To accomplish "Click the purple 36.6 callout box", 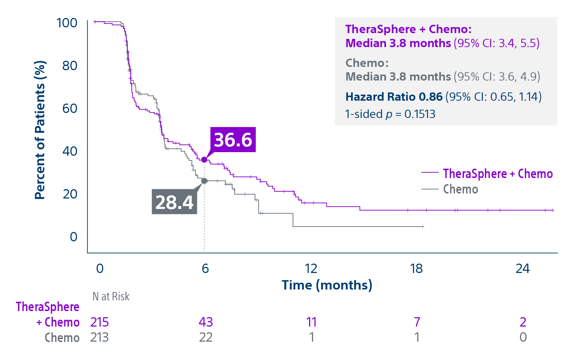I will pos(233,140).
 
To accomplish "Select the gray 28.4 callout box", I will pos(174,202).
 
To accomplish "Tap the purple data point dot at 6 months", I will pos(204,160).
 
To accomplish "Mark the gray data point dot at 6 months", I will pos(204,181).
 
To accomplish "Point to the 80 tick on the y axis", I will pos(70,65).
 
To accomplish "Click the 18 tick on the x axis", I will pos(416,268).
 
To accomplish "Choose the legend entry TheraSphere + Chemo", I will pos(497,174).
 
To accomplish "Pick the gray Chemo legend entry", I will pos(460,189).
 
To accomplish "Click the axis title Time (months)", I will pos(327,285).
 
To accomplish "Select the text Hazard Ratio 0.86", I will pos(394,97).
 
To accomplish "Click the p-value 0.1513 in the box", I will pos(419,114).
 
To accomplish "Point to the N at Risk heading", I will pos(111,296).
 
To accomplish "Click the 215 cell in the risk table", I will pos(100,322).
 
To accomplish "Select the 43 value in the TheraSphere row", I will pos(206,322).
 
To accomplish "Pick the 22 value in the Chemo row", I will pos(206,337).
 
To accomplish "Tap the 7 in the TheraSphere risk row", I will pos(417,322).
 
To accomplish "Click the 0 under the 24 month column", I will pos(523,337).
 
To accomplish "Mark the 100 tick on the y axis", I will pos(67,23).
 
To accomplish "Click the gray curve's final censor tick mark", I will pos(423,227).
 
